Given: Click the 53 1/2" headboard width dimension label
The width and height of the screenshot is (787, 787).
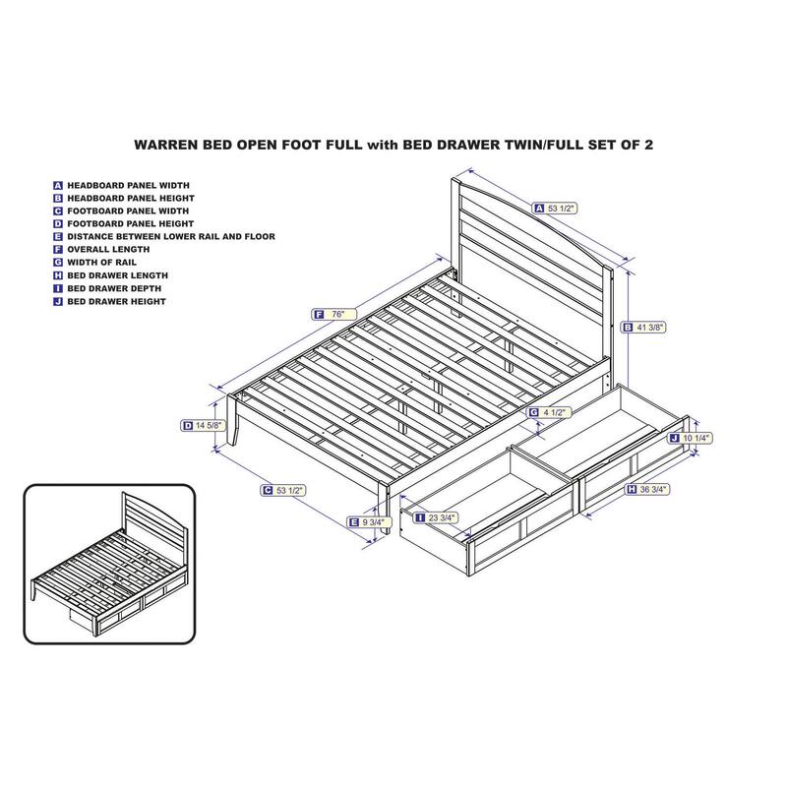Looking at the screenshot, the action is point(555,208).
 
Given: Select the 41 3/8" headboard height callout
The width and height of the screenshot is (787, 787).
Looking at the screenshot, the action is point(644,328).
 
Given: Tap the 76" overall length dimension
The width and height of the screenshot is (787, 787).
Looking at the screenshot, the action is point(333,314).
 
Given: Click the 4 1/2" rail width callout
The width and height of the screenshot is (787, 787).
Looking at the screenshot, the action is point(550,412).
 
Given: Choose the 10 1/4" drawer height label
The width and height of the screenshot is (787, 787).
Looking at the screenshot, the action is point(691,438).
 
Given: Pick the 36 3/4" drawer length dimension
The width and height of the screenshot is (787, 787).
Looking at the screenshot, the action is point(647,489).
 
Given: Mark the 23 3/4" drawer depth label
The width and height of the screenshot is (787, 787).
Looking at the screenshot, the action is point(435,517).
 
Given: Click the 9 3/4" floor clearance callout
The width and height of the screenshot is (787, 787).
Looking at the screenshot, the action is point(370,522).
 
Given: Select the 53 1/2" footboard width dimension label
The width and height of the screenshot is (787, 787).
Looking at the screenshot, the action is point(283,490).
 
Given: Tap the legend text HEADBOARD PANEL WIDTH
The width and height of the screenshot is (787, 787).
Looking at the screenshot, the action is point(129,185).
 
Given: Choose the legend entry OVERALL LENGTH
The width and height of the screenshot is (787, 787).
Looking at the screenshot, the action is point(108,250).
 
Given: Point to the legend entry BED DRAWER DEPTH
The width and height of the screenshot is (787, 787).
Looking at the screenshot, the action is point(114,288).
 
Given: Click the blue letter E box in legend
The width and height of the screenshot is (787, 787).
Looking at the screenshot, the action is point(58,237).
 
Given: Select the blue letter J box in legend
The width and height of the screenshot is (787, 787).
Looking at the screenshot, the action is point(58,302).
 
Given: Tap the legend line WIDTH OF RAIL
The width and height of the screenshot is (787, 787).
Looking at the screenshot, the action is point(102,263).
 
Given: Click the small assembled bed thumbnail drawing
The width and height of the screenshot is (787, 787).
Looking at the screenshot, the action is point(109,564).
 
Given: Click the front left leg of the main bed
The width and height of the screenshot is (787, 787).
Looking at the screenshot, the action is point(233,420).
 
